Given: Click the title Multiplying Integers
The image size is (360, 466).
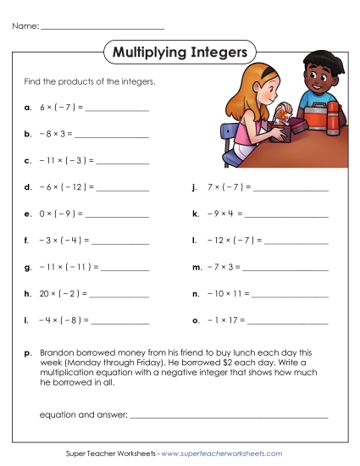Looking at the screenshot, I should (179, 53).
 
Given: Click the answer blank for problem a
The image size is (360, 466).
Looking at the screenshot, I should (116, 109).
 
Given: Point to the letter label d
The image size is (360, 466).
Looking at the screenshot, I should (28, 186).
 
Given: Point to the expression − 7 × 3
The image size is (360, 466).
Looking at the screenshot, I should (224, 268).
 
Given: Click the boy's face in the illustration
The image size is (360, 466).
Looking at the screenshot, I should (317, 82).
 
